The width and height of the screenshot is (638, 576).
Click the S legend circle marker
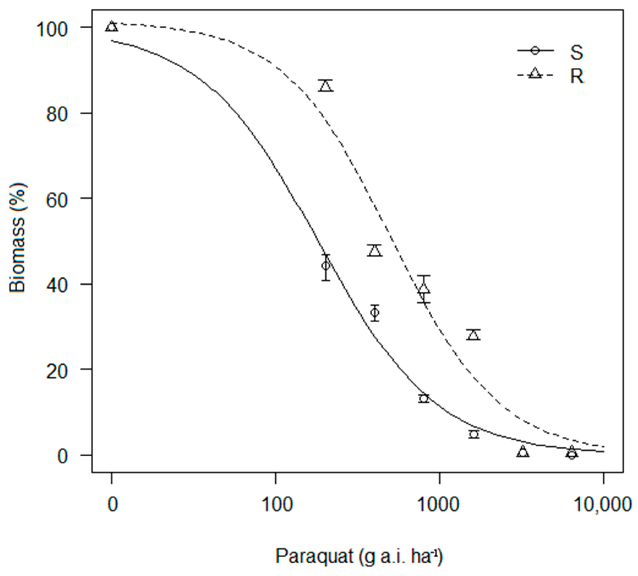tap(535, 50)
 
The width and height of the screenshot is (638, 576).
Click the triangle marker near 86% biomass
tap(326, 86)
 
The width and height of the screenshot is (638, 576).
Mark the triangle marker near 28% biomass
tap(473, 335)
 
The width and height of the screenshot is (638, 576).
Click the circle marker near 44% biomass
tap(326, 266)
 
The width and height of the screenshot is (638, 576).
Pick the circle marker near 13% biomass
tap(424, 398)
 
